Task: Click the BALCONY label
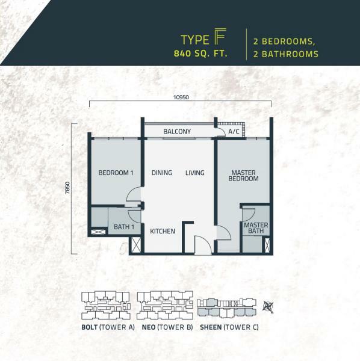pos(177,131)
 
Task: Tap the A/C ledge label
pos(234,132)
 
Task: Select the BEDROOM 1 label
pos(116,173)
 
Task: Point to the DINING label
pos(162,173)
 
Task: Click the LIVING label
pos(195,173)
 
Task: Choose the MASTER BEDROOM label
pos(243,176)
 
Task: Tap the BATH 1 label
pos(124,227)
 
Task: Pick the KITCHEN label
pos(163,231)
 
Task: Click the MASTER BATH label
pos(256,228)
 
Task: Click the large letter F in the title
pos(221,36)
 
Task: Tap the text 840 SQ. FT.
pos(200,54)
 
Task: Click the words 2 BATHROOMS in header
pos(285,54)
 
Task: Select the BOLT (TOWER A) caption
pos(108,327)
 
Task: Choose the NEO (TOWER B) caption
pos(167,327)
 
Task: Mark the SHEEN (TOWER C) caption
pos(229,327)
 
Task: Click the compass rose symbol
pos(268,307)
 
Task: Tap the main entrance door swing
pos(203,245)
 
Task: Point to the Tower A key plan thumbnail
pos(106,305)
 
